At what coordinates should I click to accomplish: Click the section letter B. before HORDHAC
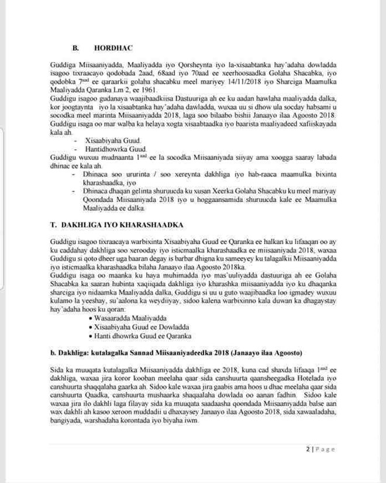pos(75,44)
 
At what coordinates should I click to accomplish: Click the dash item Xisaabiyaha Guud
pos(113,142)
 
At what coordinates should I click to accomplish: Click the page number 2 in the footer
pos(306,449)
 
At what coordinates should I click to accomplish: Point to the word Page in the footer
pos(325,449)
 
